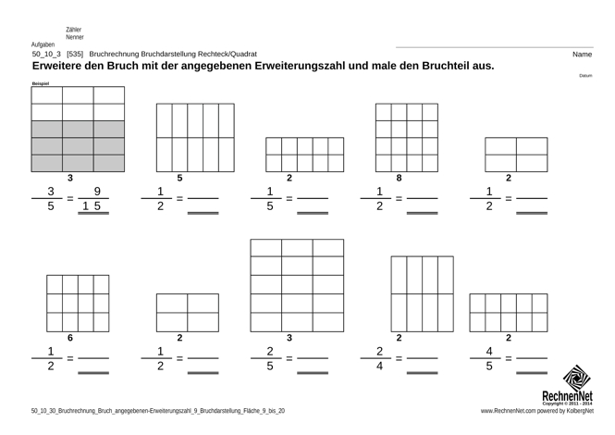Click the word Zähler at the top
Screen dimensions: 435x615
coord(74,30)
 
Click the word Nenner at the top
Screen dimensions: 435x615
coord(75,37)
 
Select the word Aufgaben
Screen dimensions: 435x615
coord(43,44)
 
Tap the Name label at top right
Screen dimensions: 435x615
coord(582,55)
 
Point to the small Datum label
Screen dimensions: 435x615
coord(585,76)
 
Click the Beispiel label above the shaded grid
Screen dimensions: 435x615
coord(41,83)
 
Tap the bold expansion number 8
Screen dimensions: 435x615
coord(399,177)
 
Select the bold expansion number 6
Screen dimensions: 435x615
coord(70,338)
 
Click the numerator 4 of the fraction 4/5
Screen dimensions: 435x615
coord(489,352)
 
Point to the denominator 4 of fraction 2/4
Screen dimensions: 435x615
coord(379,367)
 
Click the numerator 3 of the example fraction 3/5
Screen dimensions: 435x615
coord(51,193)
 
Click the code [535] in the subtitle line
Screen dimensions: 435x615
coord(76,55)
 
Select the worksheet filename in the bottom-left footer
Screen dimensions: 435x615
coord(157,410)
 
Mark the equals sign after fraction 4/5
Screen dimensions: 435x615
coord(509,359)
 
